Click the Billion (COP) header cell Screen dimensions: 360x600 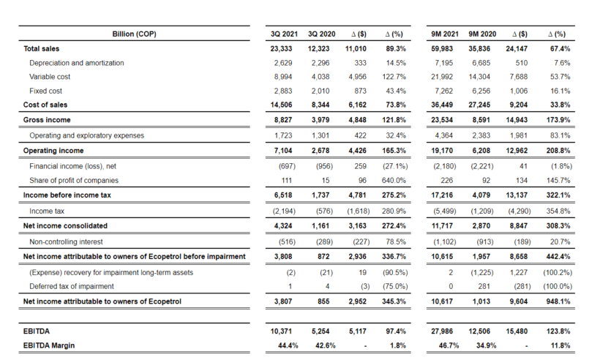134,34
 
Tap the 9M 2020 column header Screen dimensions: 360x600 482,34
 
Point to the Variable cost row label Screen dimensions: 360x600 50,77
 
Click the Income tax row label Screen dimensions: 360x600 46,211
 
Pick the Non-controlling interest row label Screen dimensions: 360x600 66,241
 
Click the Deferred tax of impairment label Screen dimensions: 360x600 72,286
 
